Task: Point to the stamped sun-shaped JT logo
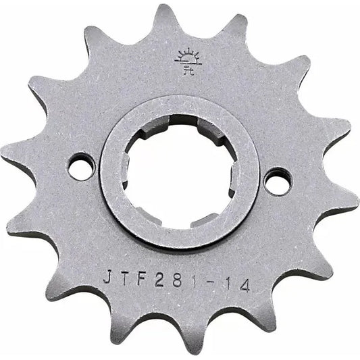(185, 61)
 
